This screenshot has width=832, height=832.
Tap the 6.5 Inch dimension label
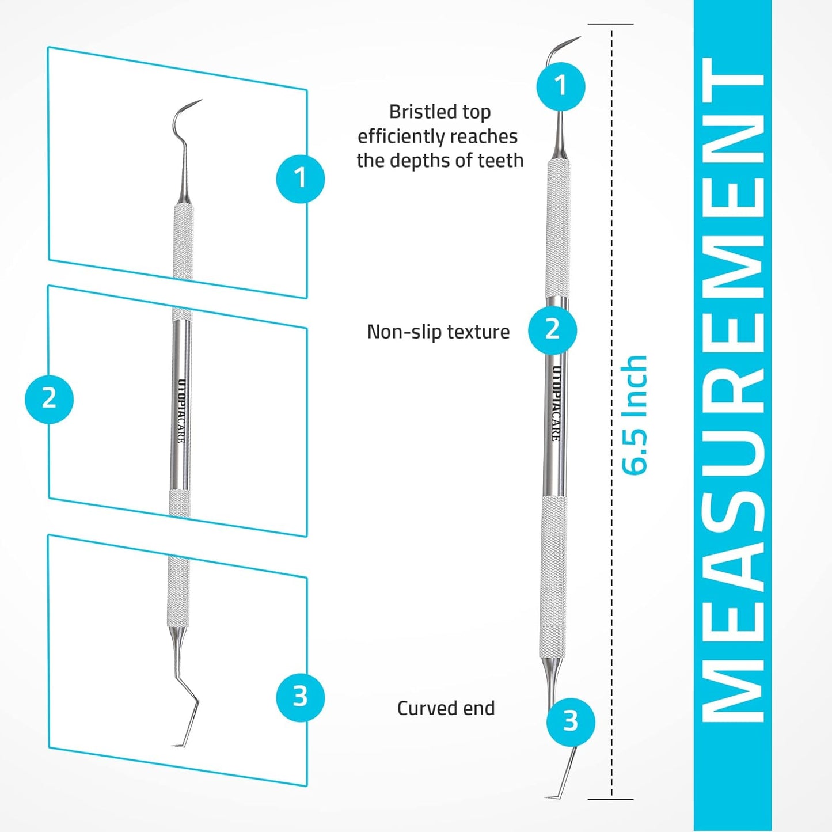635,415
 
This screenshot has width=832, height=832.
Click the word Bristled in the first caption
414,112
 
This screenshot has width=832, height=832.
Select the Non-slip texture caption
438,332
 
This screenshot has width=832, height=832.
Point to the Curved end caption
446,708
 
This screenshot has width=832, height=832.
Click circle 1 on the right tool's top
561,86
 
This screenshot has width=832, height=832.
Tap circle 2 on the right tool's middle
552,329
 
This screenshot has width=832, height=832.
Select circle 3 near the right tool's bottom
570,721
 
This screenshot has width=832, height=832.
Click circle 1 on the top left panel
300,178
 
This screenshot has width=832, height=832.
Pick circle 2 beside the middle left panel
49,398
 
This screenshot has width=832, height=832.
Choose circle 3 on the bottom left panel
300,697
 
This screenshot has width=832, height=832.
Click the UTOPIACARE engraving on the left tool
181,411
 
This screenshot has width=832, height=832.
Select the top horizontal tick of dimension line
610,24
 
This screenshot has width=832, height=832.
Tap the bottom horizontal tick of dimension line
610,799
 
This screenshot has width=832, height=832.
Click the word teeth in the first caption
500,161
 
